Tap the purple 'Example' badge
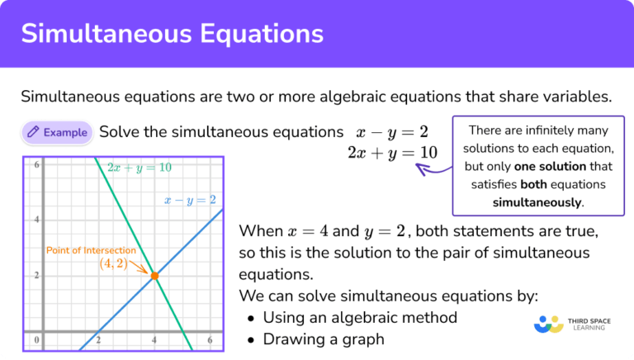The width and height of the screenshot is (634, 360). [x=56, y=131]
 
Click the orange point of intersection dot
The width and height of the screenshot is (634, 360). [x=154, y=276]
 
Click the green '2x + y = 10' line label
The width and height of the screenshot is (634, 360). [x=140, y=168]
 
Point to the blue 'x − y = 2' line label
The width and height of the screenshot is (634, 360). [x=190, y=200]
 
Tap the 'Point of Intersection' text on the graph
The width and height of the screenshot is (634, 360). [x=91, y=249]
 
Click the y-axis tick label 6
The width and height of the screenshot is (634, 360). [x=36, y=165]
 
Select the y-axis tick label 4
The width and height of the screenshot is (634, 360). [x=36, y=220]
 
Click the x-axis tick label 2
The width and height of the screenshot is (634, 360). [x=98, y=340]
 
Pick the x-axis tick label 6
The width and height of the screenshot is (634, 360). [x=210, y=340]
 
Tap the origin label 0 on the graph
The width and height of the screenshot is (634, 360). [x=36, y=340]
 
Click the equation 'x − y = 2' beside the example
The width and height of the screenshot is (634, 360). [x=392, y=132]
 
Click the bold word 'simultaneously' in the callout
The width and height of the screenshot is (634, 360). [x=537, y=202]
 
